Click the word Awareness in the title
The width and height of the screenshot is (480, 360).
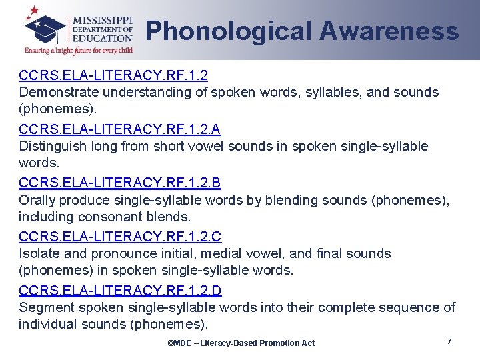389,31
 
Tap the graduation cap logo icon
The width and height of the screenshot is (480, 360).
45,25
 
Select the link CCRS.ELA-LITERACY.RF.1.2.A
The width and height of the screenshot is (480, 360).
120,128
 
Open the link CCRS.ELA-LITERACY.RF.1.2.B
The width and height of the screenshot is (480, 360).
120,182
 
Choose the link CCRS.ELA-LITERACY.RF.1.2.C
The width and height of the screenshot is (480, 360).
120,236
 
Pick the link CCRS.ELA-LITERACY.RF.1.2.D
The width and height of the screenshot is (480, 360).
120,290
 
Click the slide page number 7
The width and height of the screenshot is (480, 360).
449,341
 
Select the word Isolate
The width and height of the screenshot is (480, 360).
39,254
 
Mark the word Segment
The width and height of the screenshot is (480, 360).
46,308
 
